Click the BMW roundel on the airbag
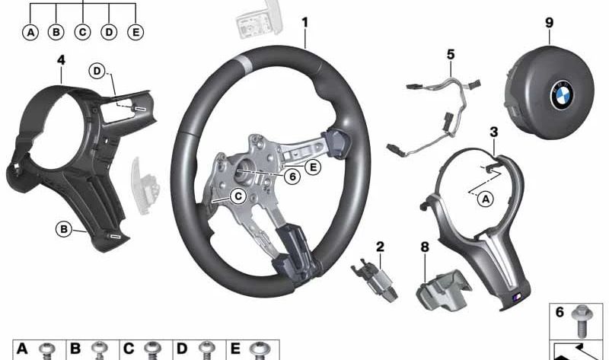pos(562,95)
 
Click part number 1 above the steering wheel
pos(305,23)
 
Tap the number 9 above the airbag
pos(549,23)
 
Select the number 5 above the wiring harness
pos(451,54)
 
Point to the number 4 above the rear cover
pos(61,60)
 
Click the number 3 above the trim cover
pos(493,132)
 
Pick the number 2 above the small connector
pos(380,247)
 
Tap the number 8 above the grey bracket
pos(426,247)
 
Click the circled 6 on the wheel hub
pos(292,177)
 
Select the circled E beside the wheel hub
pos(313,167)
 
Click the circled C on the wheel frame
pos(238,196)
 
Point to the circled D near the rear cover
pos(97,71)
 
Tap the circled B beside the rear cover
pos(64,229)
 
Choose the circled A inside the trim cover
pos(486,199)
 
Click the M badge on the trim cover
pos(518,297)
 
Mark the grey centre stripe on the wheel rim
pos(242,62)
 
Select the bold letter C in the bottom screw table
pos(129,349)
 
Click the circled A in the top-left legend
pos(30,33)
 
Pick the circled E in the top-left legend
pos(136,33)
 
